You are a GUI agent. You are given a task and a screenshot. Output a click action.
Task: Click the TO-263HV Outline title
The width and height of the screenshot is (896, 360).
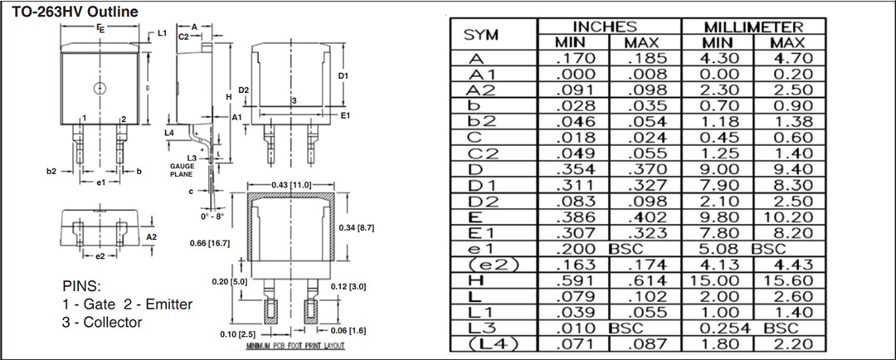point(70,11)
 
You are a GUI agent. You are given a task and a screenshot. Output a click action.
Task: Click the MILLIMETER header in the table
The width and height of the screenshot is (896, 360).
point(753,27)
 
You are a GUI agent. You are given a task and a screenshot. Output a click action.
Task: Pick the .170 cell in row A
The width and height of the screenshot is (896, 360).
point(572,59)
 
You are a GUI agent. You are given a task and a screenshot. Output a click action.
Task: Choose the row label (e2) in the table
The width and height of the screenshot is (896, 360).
point(482,265)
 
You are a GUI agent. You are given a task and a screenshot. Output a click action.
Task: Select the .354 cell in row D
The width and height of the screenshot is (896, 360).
point(572,169)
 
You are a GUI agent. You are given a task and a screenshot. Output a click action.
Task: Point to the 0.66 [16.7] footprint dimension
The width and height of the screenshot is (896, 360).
point(209,243)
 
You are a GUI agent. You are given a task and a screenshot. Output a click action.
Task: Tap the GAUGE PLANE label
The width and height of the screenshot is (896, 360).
point(182,171)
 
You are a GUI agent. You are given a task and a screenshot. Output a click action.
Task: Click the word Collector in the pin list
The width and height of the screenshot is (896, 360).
point(112,323)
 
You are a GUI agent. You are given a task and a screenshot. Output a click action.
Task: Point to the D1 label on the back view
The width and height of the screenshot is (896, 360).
point(343,75)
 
